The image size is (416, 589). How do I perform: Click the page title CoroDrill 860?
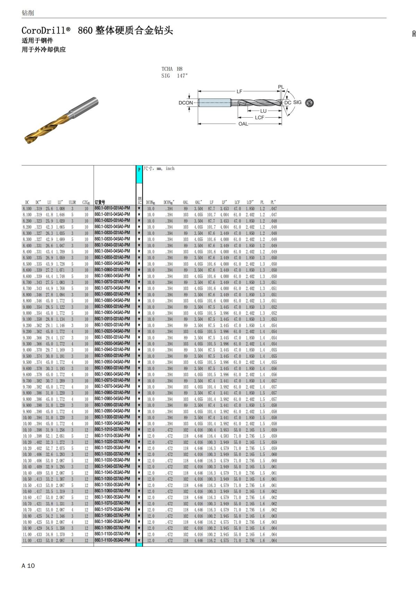pos(97,31)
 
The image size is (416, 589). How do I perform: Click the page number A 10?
pos(28,565)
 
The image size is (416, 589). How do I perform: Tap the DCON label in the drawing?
pos(185,103)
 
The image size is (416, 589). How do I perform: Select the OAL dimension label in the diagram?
pos(243,124)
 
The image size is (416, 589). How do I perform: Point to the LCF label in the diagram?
pos(259,118)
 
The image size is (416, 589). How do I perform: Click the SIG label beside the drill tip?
pos(297,102)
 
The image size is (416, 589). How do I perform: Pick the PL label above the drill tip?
pos(281,87)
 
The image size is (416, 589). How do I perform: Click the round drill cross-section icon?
pos(310,103)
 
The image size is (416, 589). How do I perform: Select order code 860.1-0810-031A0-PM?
pos(112,208)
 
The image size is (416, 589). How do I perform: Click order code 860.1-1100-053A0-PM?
pos(112,540)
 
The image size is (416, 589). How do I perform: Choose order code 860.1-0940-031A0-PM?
pos(112,350)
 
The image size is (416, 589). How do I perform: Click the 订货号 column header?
pos(100,202)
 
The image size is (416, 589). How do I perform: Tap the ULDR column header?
pos(72,202)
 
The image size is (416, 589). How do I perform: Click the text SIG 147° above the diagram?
pos(174,76)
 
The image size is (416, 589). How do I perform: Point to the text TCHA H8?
pos(172,69)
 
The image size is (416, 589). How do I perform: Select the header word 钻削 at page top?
pos(28,13)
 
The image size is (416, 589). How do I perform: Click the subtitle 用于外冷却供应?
pos(44,50)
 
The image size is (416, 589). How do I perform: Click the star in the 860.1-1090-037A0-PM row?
pos(139,528)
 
